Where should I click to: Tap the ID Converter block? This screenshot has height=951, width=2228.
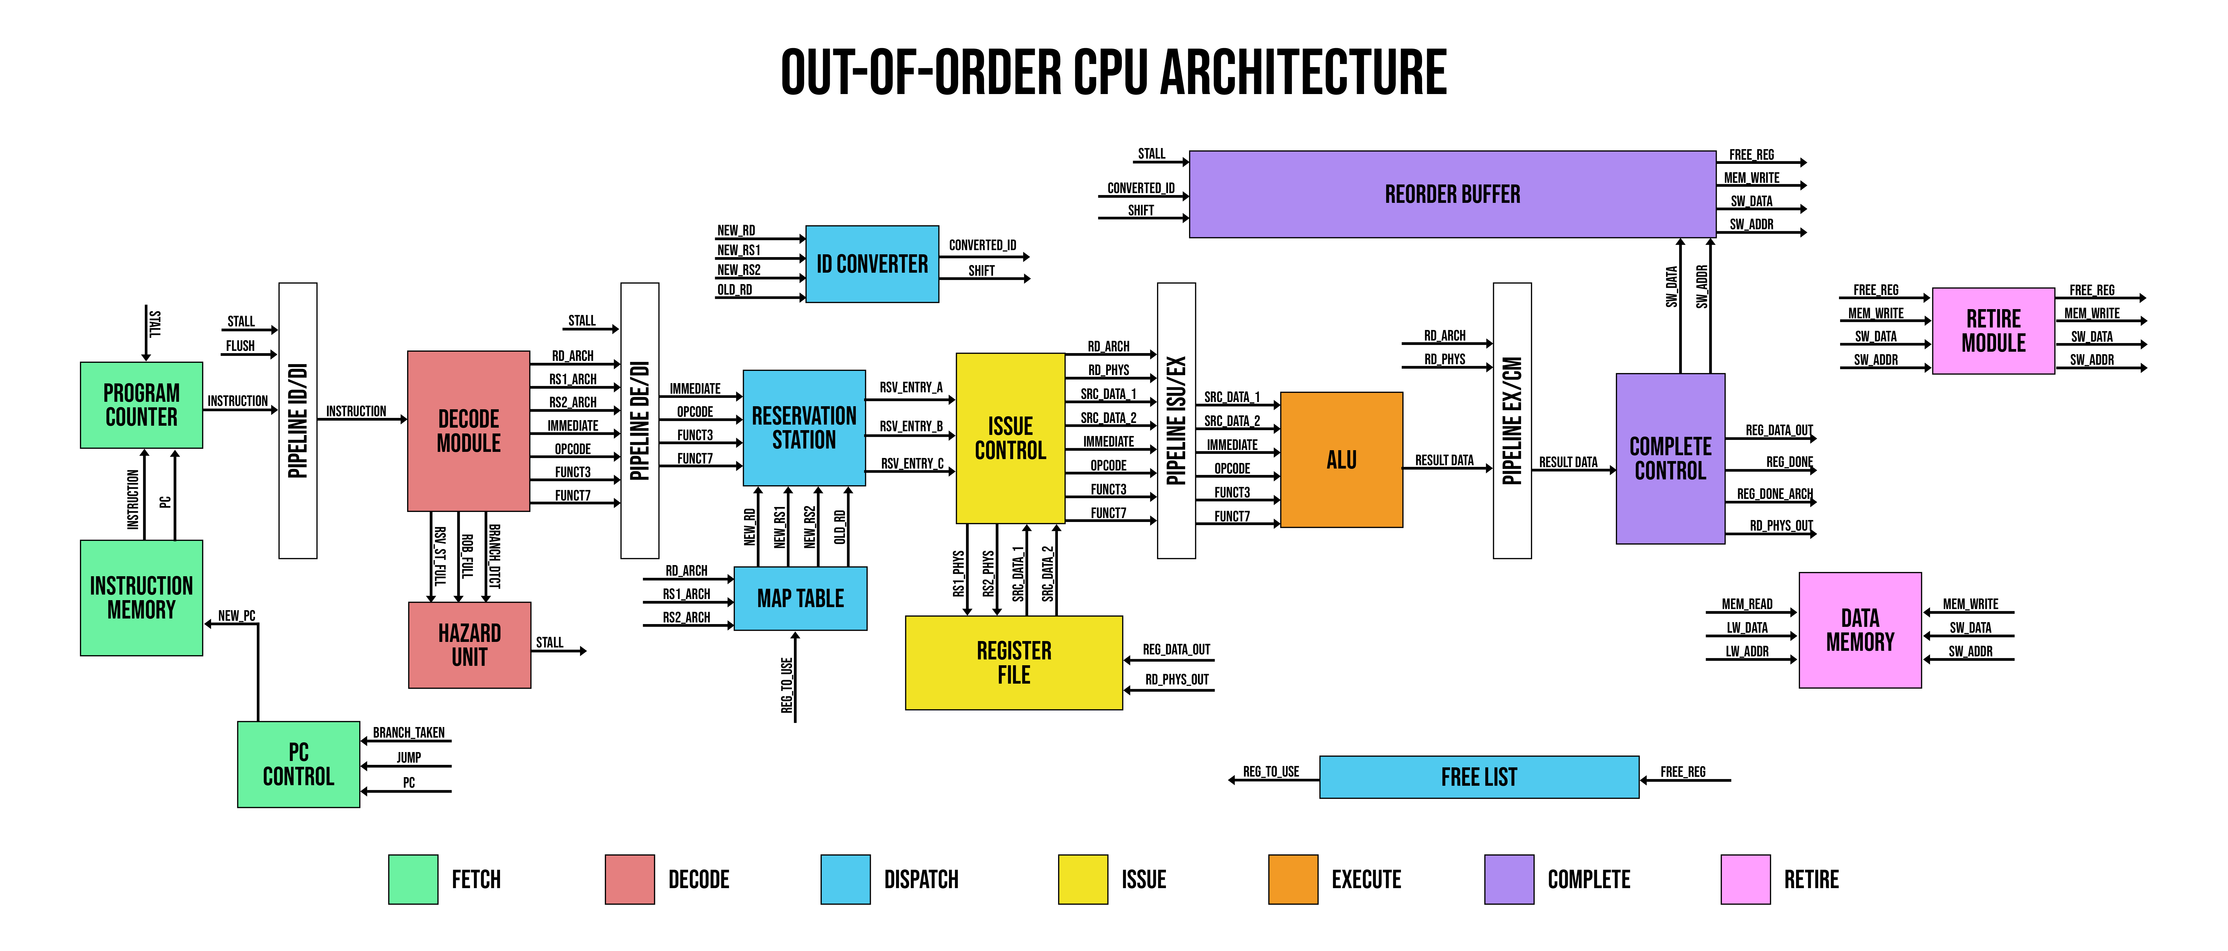872,264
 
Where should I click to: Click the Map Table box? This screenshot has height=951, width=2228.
800,598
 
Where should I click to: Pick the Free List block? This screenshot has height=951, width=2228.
1479,776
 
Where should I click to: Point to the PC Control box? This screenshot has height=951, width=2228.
299,764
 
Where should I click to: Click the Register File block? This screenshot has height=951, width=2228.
1014,662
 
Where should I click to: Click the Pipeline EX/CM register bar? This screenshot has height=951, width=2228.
1512,420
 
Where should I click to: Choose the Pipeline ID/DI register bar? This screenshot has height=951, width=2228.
297,420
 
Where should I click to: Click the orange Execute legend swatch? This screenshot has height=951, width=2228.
1293,879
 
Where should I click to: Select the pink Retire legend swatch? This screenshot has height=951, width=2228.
1745,879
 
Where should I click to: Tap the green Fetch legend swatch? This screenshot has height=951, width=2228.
413,879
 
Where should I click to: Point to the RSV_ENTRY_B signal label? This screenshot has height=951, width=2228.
911,426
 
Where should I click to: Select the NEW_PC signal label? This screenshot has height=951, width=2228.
236,615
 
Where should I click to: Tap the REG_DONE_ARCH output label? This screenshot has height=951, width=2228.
1775,494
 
